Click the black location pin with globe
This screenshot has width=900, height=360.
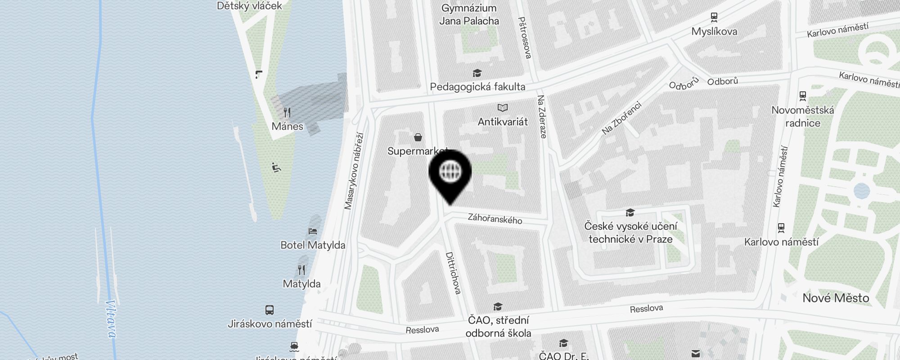click(x=450, y=174)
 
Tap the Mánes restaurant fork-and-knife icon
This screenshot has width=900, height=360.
click(x=287, y=112)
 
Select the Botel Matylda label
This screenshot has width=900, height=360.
click(x=313, y=245)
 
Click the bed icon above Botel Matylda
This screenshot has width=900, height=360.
click(x=313, y=231)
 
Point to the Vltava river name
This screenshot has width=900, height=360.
click(x=110, y=319)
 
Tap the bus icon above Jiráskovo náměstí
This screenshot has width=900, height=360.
click(x=270, y=310)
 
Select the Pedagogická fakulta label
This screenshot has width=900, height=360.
click(x=477, y=87)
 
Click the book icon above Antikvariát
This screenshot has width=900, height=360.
click(x=503, y=108)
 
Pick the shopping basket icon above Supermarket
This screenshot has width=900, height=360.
click(x=418, y=137)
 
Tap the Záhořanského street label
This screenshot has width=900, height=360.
click(x=495, y=219)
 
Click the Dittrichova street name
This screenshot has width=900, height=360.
click(x=453, y=273)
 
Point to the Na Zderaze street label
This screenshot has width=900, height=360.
click(x=542, y=117)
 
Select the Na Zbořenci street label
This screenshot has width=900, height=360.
click(x=621, y=118)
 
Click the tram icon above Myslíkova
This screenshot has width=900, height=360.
click(x=714, y=18)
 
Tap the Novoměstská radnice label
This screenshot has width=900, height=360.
click(x=803, y=117)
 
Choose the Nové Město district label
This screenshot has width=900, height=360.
click(x=836, y=298)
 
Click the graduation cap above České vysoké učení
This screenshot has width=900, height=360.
click(x=630, y=212)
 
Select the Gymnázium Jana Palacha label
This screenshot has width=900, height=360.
click(x=469, y=14)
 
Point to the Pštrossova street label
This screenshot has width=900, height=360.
click(x=525, y=38)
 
